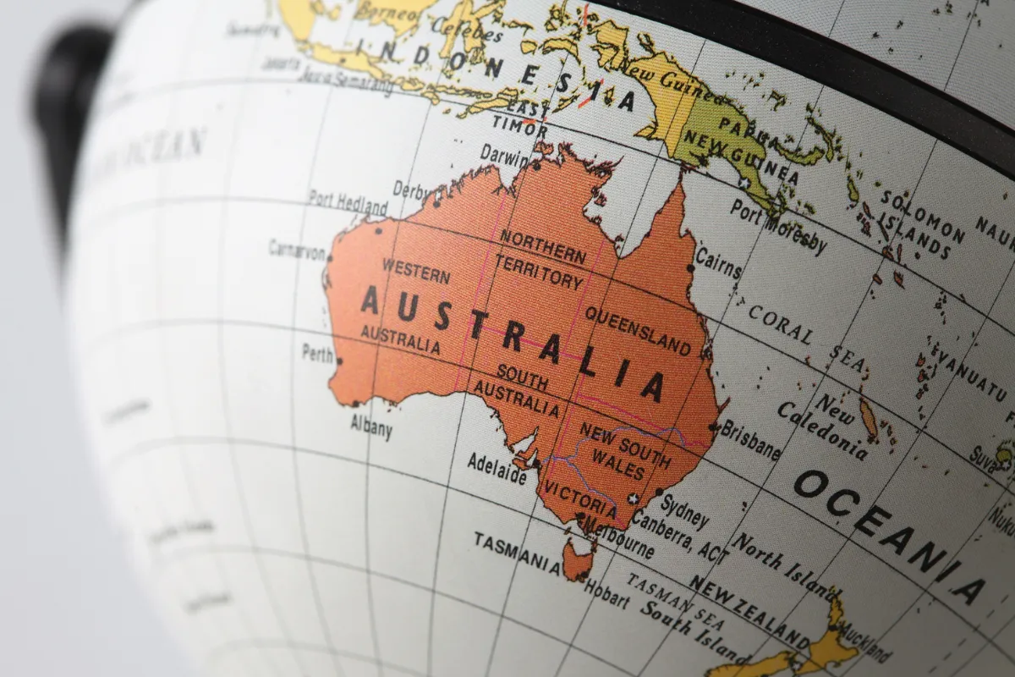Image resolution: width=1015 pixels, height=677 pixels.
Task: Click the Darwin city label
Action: tap(504, 156)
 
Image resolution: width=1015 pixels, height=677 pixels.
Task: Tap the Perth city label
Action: tap(318, 353)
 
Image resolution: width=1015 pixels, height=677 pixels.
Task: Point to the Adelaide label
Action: tap(497, 468)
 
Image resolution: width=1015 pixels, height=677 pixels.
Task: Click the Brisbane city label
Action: tap(750, 438)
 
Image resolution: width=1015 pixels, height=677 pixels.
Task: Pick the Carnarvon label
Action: tap(297, 250)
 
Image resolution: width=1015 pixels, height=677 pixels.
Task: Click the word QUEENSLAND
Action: tap(637, 330)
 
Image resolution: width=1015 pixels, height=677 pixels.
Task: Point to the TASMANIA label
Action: tap(517, 552)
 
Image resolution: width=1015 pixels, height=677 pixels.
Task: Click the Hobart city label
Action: tap(606, 595)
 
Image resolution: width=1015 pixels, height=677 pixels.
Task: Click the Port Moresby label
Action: tap(778, 225)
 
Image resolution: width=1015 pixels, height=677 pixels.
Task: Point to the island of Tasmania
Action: tap(579, 559)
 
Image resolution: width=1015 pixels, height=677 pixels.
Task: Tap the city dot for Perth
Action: tap(339, 361)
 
